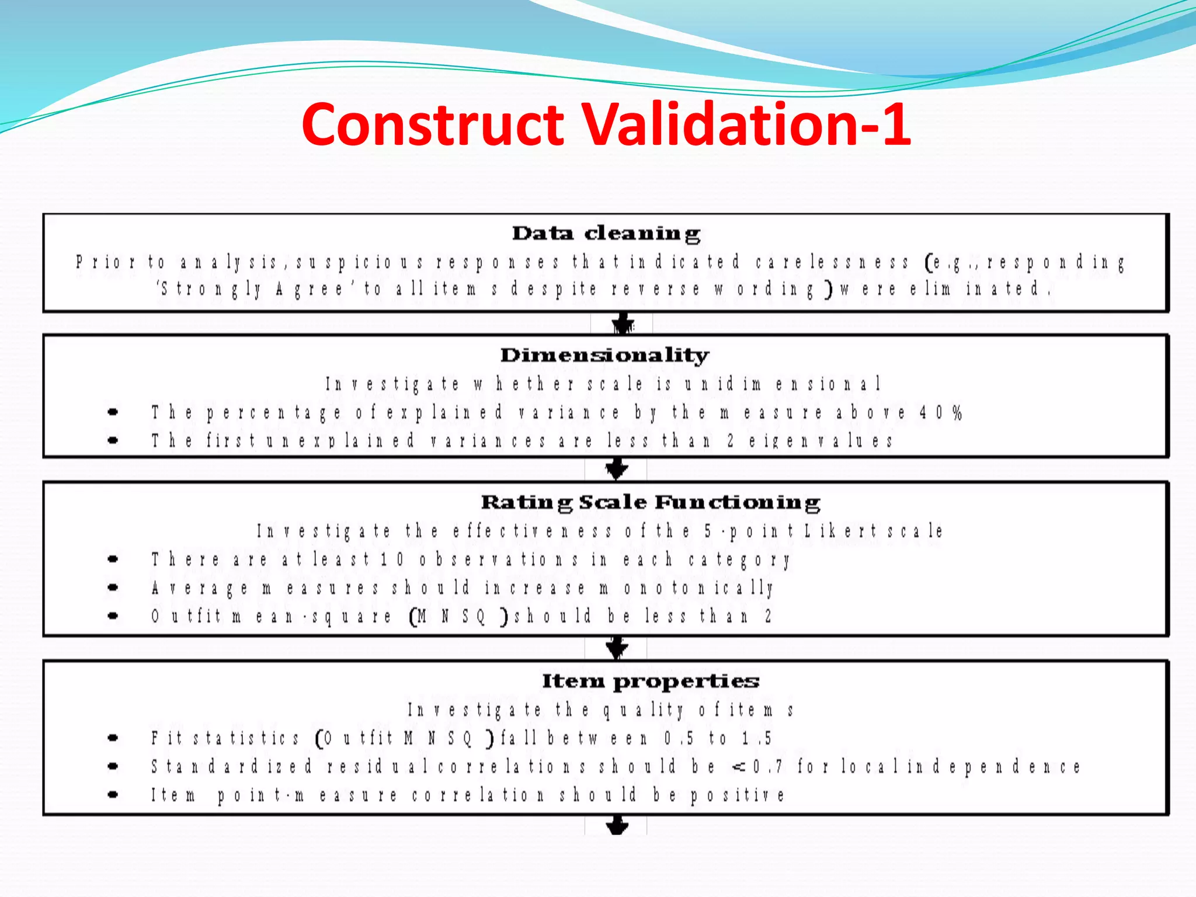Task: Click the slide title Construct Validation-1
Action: pos(606,124)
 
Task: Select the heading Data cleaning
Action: pos(606,233)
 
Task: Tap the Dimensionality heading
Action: pos(604,354)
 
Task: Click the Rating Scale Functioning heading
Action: pos(650,502)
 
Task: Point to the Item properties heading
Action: pos(650,681)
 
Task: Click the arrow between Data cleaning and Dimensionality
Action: pos(623,323)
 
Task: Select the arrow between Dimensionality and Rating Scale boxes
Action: pos(617,469)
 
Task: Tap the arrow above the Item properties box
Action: pos(617,648)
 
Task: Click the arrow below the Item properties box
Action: pos(617,826)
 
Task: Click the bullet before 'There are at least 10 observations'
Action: pos(113,559)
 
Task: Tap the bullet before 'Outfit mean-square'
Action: pos(113,616)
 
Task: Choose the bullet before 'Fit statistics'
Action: pos(113,738)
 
